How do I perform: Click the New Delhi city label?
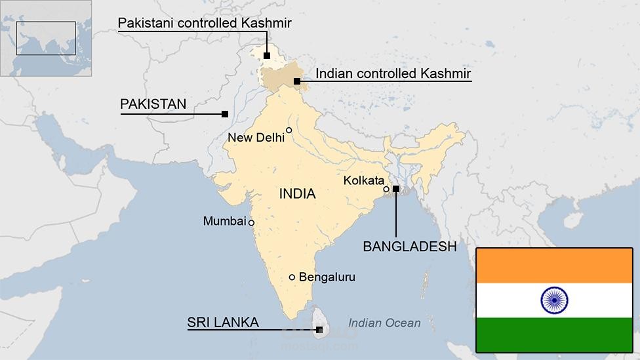pos(256,137)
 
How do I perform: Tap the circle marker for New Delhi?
pos(289,130)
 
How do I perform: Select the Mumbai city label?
pos(224,222)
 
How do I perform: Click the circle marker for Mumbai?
pos(251,222)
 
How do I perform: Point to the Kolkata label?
pos(363,180)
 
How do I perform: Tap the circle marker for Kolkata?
pos(386,189)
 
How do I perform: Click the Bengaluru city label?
pos(327,277)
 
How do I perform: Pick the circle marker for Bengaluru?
pos(292,277)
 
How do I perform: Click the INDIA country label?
pos(297,194)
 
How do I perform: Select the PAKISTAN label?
pos(153,104)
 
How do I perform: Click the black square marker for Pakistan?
pos(225,114)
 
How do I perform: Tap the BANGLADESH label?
pos(409,247)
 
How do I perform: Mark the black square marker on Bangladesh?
pos(395,189)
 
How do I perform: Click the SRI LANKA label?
pos(222,323)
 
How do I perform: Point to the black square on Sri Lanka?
pos(319,329)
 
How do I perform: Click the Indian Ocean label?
pos(384,323)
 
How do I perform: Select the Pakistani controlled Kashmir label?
pos(205,24)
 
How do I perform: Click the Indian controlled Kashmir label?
pos(393,73)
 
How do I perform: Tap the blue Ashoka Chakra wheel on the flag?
pos(554,300)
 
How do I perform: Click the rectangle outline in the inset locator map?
pos(46,38)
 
